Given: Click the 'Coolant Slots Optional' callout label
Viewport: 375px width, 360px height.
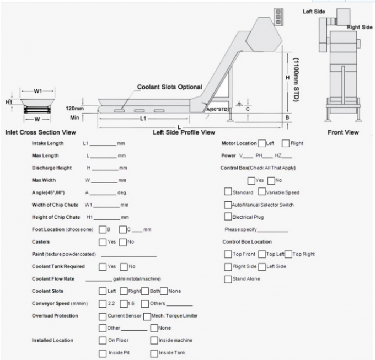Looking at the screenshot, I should coord(169,87).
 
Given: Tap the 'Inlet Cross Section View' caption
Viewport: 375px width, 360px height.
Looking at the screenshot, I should coord(40,132).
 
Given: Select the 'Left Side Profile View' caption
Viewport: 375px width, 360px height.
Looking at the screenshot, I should coord(184,132).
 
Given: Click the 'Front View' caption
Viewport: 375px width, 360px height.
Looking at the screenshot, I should coord(344,132).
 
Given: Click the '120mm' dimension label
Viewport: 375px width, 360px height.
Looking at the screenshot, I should coord(74,108).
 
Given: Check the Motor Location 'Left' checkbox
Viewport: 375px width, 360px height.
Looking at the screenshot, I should coord(261,143).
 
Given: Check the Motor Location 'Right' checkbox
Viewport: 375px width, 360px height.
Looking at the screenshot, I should coord(286,143).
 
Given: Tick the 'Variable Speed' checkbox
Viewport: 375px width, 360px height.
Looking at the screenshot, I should coord(261,192).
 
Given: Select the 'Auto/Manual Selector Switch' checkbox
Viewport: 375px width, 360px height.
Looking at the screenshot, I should coord(228,205).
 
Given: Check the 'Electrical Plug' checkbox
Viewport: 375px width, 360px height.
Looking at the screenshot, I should coord(228,217).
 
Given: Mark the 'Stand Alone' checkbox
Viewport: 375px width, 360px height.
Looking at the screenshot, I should coord(228,279).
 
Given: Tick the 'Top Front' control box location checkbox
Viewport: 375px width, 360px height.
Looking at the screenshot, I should coord(228,254).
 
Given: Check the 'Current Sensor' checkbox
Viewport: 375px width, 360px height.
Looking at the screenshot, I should coord(103,316).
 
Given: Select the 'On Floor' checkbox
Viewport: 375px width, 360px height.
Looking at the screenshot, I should coord(103,340).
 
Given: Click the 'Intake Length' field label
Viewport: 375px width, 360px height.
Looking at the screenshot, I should coord(47,143).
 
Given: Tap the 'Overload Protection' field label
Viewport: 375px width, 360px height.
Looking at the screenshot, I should coord(55,316).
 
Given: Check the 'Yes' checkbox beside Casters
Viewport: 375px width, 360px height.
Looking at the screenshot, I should coord(103,242).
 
